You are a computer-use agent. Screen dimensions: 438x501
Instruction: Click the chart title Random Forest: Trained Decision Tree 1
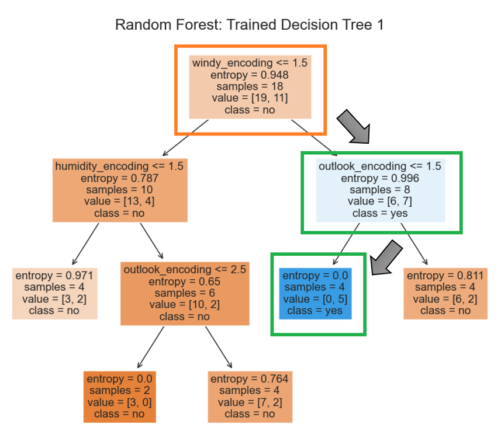pos(250,25)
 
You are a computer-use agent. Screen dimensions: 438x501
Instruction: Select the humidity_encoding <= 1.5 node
pos(120,189)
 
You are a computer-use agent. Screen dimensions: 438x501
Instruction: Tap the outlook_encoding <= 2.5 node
pos(185,293)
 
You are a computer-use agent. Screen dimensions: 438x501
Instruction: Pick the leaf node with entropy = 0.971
pos(54,293)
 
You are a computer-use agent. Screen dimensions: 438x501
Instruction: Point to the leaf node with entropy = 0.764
pos(250,396)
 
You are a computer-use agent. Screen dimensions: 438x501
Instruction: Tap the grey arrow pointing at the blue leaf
pos(387,258)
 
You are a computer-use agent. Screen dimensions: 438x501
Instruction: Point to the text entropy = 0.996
pos(380,178)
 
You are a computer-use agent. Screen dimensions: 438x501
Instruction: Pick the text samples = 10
pos(119,190)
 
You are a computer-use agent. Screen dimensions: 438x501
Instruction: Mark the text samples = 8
pos(380,190)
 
